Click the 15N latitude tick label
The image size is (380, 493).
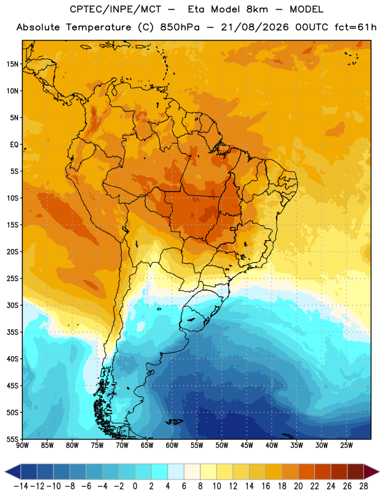[x=12, y=64]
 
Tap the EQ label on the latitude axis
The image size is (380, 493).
[x=14, y=145]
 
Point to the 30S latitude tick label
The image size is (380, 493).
[x=12, y=305]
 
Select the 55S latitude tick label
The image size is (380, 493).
[x=12, y=439]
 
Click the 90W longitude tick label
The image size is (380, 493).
[x=22, y=445]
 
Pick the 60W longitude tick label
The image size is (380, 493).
[x=172, y=445]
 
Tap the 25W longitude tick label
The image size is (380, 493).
[x=346, y=445]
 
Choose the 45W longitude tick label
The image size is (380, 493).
[x=247, y=445]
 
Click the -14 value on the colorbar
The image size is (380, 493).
[x=21, y=486]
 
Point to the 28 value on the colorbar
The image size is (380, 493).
[x=363, y=486]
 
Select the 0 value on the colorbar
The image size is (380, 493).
[x=135, y=486]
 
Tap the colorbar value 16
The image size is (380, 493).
[x=266, y=486]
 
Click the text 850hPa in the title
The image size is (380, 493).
[x=180, y=27]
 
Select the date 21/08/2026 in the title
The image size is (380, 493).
[x=255, y=27]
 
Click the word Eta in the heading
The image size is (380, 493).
[x=197, y=9]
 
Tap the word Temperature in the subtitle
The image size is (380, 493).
[x=98, y=27]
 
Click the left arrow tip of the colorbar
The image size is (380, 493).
[x=5, y=472]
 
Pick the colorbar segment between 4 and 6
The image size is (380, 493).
[x=176, y=472]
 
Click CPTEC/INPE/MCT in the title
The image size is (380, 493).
[x=115, y=9]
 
